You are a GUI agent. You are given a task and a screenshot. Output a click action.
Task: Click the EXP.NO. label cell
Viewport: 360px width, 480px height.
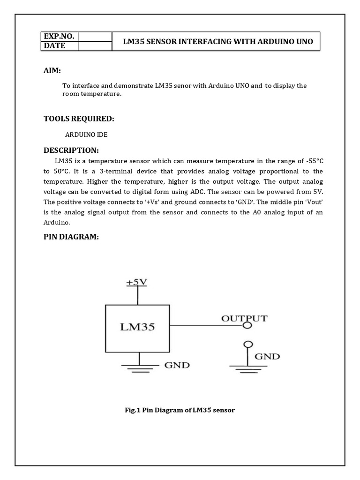click(59, 37)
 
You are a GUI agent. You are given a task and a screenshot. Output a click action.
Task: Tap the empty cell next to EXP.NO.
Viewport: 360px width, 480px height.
click(95, 37)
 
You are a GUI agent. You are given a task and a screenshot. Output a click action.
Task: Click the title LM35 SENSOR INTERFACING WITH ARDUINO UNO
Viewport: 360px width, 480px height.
click(217, 41)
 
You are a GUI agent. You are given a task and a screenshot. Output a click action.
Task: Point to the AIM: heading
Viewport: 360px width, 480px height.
click(52, 70)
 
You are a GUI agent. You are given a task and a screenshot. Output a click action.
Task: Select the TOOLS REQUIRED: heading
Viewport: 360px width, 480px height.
click(79, 119)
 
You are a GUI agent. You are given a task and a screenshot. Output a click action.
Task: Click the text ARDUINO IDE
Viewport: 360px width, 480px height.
click(86, 135)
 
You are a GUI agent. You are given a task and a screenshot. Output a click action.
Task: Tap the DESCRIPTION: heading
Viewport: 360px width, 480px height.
click(71, 150)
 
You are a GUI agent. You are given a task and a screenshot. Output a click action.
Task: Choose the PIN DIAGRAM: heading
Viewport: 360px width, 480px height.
click(71, 237)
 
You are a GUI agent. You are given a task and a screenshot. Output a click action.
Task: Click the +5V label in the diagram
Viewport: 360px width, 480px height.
click(137, 282)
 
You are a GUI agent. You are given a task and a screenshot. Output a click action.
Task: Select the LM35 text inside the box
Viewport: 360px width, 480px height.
click(138, 327)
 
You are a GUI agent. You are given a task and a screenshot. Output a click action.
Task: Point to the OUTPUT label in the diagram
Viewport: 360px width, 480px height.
click(244, 318)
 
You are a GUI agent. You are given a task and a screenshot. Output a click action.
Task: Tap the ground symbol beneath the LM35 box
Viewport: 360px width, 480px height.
click(138, 367)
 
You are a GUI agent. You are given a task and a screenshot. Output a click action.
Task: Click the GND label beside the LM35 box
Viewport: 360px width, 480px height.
click(176, 365)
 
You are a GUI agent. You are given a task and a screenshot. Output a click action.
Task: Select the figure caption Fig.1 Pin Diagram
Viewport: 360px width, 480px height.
click(180, 410)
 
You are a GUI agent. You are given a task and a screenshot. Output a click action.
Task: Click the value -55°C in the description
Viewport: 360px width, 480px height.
click(311, 161)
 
